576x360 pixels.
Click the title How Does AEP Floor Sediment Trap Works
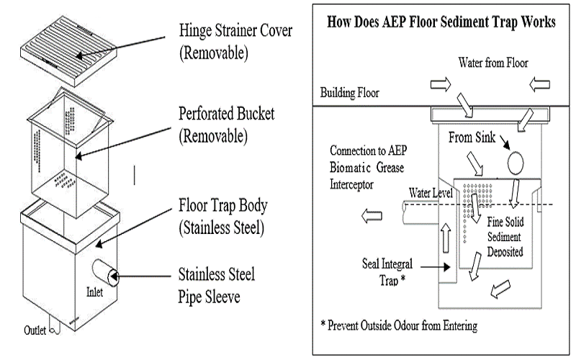[441, 22]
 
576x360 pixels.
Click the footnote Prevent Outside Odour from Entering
[398, 325]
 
